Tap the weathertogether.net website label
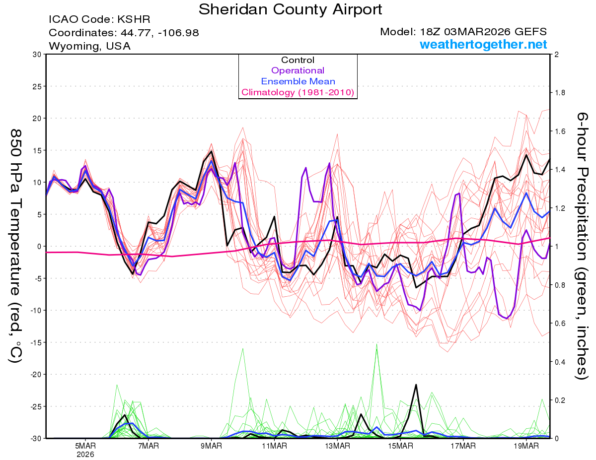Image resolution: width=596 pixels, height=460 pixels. pos(483,45)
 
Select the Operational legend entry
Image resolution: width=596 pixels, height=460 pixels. pos(298,70)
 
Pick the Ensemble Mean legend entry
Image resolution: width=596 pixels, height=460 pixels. pos(298,81)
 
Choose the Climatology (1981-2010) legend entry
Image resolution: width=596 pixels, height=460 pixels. pos(298,92)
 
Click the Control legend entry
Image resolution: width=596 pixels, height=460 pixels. pos(298,60)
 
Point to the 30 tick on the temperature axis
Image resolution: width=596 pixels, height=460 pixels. pos(36,55)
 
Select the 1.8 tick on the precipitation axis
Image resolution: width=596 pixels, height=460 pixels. pos(561,93)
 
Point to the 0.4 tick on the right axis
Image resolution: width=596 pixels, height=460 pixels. pos(561,362)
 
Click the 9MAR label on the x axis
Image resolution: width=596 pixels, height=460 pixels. pos(212,446)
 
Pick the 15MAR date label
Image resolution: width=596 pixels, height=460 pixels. pos(400,446)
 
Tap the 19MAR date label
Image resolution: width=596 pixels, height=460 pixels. pos(526,446)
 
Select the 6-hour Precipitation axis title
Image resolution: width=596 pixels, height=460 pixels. pos(582,246)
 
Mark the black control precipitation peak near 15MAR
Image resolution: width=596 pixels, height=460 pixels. pos(416,385)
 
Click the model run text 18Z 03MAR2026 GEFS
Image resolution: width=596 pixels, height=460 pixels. pos(463,32)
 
